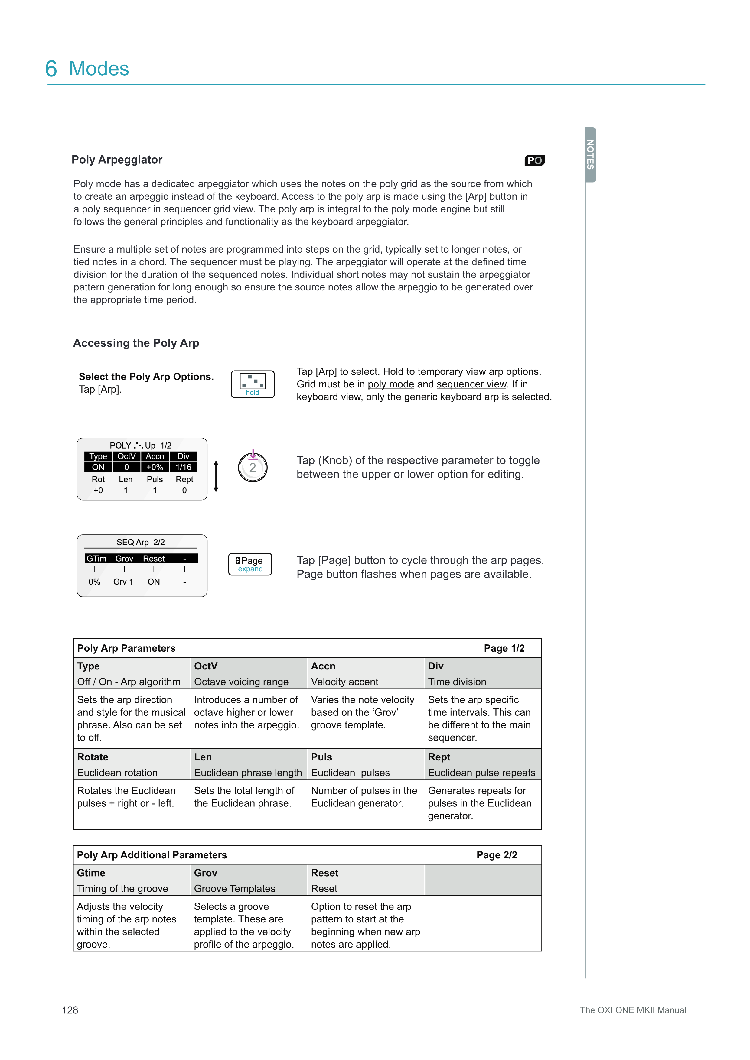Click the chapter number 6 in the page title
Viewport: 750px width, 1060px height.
pos(51,69)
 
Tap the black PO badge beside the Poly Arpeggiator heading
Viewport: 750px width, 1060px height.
pos(534,160)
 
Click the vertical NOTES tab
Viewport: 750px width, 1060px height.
pos(590,155)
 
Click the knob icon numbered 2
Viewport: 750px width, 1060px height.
pos(253,467)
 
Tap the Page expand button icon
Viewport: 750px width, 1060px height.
pos(250,564)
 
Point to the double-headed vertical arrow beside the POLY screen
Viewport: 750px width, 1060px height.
pos(216,476)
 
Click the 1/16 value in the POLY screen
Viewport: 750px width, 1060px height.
pos(183,467)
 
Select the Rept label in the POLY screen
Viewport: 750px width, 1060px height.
pos(184,479)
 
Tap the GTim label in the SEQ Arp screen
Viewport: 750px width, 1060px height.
pos(96,559)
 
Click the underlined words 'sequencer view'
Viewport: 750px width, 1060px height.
pos(471,384)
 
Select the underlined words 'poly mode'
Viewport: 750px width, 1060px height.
pos(391,384)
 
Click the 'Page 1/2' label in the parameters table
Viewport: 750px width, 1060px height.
pos(504,648)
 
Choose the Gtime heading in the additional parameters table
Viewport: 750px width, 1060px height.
pos(91,873)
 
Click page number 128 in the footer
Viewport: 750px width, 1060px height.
pos(70,1010)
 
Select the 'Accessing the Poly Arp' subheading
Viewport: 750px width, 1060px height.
pos(136,343)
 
